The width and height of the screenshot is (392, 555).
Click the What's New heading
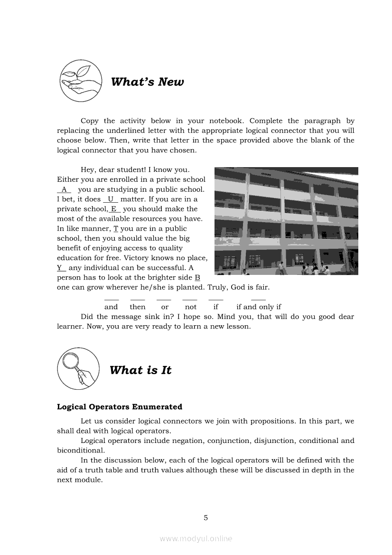[147, 82]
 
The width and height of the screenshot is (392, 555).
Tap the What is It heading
[140, 370]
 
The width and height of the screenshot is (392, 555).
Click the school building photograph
[286, 221]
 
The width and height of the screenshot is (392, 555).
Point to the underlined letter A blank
[64, 189]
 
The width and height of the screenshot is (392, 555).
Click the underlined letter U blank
[111, 199]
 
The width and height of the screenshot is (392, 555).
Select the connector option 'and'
[111, 307]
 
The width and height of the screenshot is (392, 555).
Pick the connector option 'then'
[138, 307]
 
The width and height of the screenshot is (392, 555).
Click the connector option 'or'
[165, 307]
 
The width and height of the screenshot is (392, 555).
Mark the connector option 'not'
[190, 307]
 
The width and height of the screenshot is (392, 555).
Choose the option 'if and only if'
[259, 307]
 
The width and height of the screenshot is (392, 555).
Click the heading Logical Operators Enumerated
[119, 407]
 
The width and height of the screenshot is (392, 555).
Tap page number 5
[205, 517]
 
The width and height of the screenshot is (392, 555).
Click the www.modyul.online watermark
[196, 538]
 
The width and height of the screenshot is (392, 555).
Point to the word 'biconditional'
[80, 451]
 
